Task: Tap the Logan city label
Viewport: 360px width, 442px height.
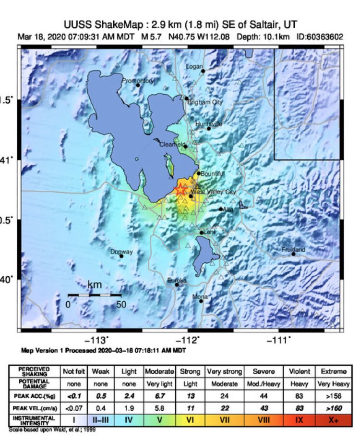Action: click(x=194, y=67)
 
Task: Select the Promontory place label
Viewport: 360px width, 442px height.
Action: click(x=137, y=81)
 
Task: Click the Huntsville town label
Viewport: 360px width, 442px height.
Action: click(x=209, y=124)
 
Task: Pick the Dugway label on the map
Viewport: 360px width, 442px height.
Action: click(x=121, y=252)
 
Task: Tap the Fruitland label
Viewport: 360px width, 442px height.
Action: click(x=294, y=249)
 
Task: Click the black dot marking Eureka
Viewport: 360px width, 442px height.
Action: click(x=177, y=285)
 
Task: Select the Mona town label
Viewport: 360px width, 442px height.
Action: click(x=200, y=297)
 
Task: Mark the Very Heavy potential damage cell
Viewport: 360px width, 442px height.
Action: click(x=334, y=384)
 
